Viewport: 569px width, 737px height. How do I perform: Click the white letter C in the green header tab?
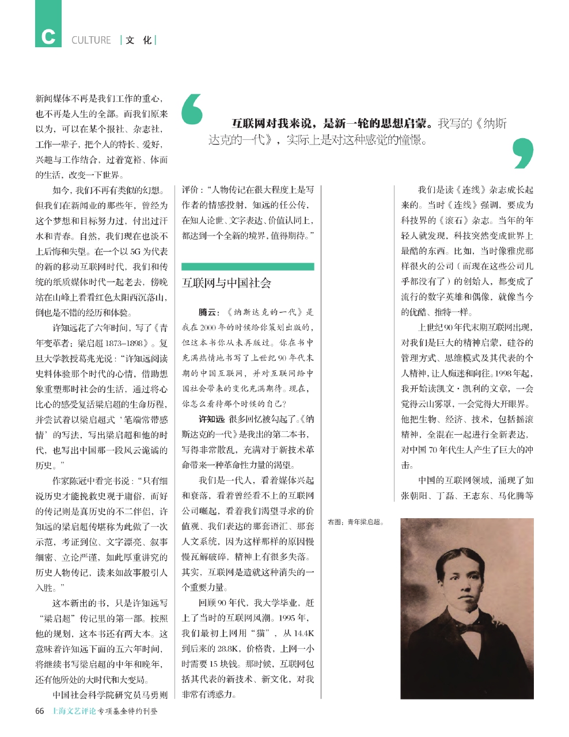point(48,37)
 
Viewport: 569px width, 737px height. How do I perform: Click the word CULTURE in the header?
point(91,40)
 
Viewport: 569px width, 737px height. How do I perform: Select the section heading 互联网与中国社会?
point(226,283)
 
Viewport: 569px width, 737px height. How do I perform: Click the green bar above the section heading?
point(248,267)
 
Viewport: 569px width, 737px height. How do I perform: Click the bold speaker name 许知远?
point(211,419)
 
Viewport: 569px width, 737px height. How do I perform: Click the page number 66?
point(40,711)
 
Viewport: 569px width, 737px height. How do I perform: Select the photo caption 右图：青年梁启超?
point(355,523)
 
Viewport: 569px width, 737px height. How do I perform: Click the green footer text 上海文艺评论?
point(74,711)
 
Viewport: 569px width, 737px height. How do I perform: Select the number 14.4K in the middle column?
point(304,633)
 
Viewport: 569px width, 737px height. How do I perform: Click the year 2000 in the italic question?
point(207,328)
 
